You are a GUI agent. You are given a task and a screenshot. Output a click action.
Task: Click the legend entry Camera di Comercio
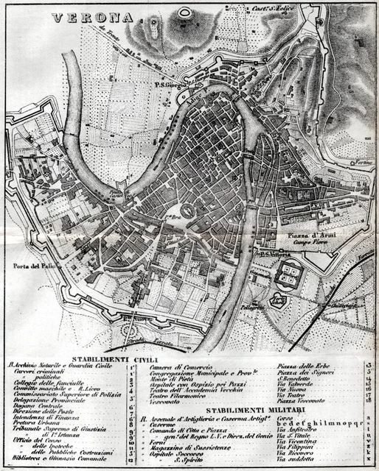pyautogui.click(x=181, y=366)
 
